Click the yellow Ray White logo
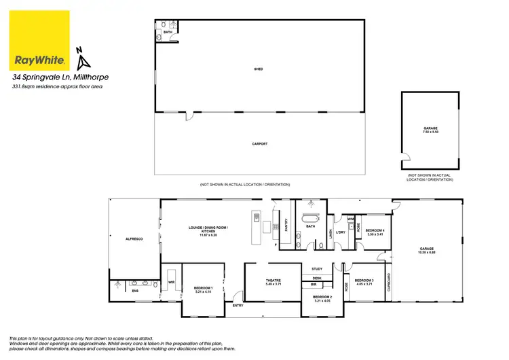pyautogui.click(x=40, y=41)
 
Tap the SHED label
pyautogui.click(x=259, y=69)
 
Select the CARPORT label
pyautogui.click(x=259, y=144)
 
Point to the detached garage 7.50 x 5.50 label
pyautogui.click(x=430, y=129)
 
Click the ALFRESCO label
pyautogui.click(x=133, y=240)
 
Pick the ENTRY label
pyautogui.click(x=238, y=305)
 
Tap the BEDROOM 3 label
pyautogui.click(x=364, y=281)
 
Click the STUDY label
pyautogui.click(x=316, y=269)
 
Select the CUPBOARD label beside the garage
pyautogui.click(x=388, y=282)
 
